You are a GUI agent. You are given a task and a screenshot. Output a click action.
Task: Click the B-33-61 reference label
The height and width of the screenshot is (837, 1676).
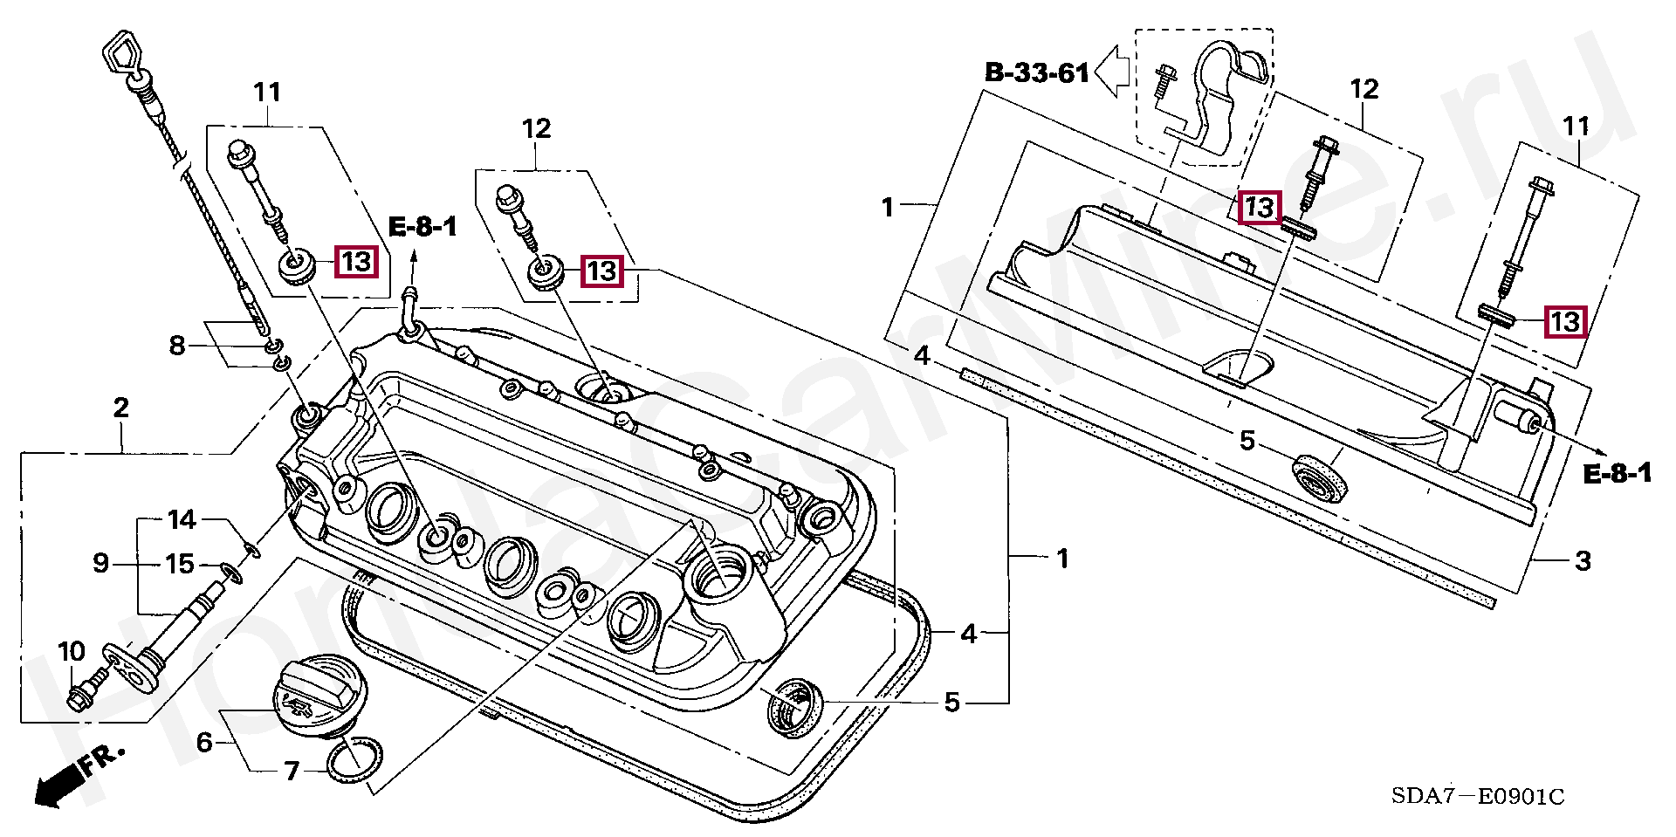[x=1037, y=72]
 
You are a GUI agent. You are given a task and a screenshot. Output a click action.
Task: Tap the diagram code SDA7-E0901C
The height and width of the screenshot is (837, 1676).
[x=1477, y=796]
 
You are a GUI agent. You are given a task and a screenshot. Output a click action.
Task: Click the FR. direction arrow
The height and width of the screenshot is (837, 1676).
[x=78, y=777]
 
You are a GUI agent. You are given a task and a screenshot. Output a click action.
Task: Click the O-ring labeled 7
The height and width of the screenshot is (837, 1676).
[x=355, y=757]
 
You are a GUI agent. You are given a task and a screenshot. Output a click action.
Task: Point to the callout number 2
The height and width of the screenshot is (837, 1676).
[x=120, y=407]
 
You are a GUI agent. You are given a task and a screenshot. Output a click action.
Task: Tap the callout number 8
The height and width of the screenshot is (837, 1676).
[x=177, y=346]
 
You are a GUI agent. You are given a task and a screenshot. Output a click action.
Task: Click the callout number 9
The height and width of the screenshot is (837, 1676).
[x=101, y=563]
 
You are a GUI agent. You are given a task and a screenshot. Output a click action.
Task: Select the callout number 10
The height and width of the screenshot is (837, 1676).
[x=72, y=651]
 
